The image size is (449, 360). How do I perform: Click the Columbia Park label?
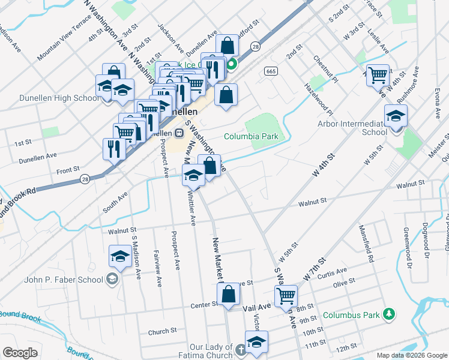251,136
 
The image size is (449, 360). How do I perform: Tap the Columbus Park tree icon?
389,314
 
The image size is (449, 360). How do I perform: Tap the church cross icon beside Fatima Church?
240,349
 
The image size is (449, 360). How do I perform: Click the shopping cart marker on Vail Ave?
286,296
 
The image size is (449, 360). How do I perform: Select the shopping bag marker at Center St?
229,295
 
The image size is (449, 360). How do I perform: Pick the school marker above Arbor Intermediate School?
396,115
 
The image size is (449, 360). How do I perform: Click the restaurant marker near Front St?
114,148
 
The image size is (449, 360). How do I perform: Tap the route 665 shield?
270,71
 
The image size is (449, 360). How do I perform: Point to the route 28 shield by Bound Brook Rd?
84,179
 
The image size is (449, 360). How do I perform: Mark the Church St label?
162,331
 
